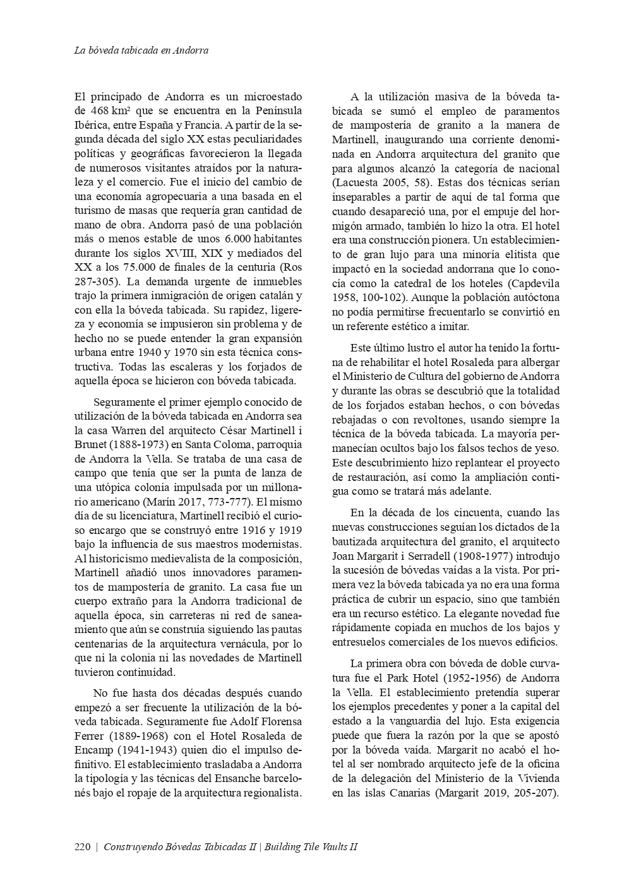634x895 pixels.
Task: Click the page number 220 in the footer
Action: [83, 847]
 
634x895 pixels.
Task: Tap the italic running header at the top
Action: [141, 50]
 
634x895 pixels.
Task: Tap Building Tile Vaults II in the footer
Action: [311, 847]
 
